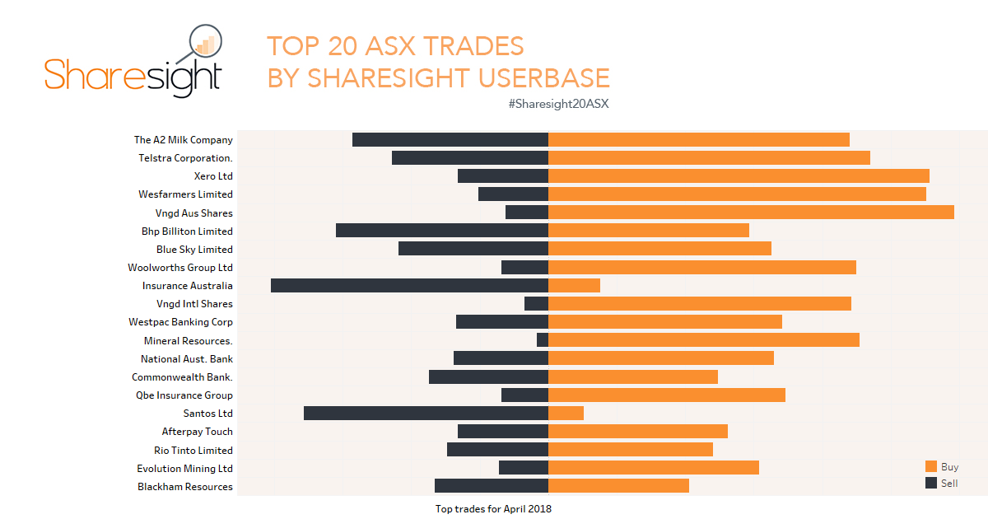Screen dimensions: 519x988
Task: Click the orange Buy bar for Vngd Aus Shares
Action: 751,213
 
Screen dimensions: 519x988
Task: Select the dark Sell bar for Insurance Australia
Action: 409,286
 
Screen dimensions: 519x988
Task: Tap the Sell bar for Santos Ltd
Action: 426,414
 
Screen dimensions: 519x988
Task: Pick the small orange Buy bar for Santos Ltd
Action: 566,414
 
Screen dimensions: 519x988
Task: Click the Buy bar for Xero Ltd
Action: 739,176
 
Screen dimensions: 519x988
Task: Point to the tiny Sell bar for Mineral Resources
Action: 543,340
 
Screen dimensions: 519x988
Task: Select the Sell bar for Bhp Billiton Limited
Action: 442,231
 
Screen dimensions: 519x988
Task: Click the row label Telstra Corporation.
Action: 185,158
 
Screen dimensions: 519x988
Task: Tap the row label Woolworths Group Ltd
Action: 180,268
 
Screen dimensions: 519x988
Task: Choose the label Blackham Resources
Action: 185,487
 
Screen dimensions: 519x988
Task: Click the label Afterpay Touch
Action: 197,432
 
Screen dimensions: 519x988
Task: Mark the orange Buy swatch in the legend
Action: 931,466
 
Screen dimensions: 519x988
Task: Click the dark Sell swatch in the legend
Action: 931,483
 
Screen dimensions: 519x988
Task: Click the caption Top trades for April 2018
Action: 493,509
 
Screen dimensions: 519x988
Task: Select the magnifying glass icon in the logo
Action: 204,44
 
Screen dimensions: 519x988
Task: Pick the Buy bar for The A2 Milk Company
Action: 698,140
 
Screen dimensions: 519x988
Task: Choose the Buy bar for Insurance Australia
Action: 574,286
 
